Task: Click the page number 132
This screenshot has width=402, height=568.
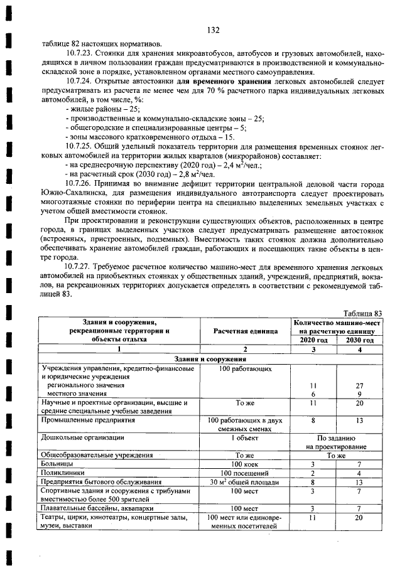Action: pos(212,29)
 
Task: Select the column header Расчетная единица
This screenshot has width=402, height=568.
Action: pos(245,331)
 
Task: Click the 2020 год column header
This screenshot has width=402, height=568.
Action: pos(312,340)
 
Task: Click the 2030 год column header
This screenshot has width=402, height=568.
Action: pos(360,340)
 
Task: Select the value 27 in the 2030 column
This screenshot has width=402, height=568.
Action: pos(359,385)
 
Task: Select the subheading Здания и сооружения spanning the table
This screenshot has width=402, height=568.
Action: pos(212,359)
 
